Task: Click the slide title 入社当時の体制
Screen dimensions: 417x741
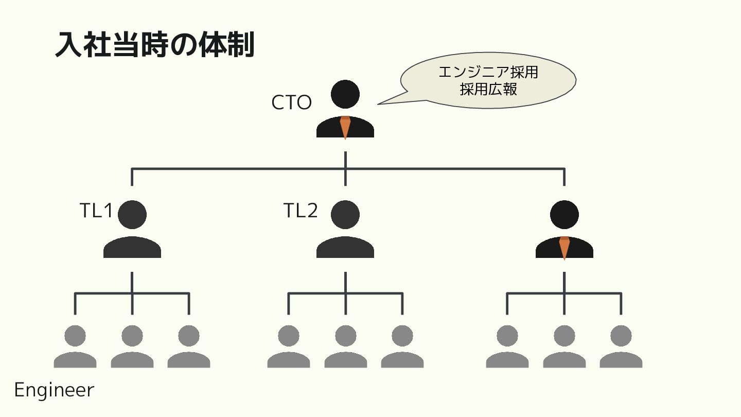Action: click(x=154, y=45)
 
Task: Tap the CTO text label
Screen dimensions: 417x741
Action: click(x=291, y=102)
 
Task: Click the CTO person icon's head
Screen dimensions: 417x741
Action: click(x=345, y=94)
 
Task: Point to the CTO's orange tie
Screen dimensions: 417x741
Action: click(x=345, y=127)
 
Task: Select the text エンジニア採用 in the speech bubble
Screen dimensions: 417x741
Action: click(x=488, y=72)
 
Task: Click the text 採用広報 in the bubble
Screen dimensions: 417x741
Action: click(x=488, y=89)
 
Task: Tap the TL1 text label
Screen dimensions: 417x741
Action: click(x=96, y=211)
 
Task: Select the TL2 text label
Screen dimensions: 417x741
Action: click(x=301, y=211)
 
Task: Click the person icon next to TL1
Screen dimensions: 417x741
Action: click(x=132, y=229)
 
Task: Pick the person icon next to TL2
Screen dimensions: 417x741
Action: click(x=345, y=229)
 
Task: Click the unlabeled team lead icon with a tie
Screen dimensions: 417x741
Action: click(x=564, y=229)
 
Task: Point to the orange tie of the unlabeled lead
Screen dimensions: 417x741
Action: click(x=564, y=248)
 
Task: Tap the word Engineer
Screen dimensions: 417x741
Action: click(x=54, y=390)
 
